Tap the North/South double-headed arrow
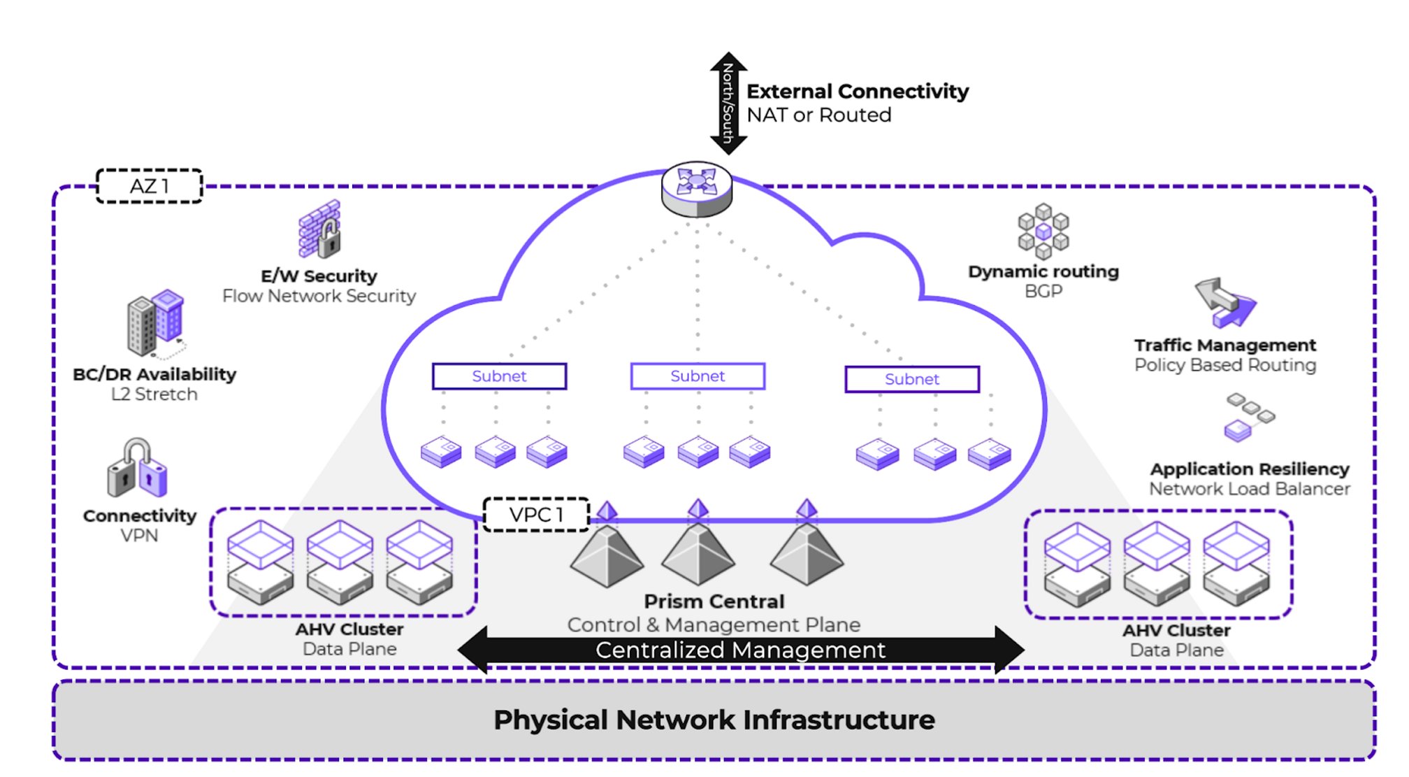(728, 103)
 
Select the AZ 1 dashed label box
(149, 186)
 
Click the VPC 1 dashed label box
(536, 515)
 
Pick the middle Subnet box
(698, 376)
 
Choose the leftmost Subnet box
(499, 376)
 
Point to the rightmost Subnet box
(912, 379)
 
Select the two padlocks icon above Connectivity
(138, 468)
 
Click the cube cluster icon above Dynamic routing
(1043, 231)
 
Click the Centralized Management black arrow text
(740, 650)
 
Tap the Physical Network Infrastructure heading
(714, 720)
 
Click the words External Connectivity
(858, 92)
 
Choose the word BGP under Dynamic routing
(1043, 291)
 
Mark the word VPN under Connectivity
(139, 536)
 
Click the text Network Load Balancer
(1249, 489)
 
